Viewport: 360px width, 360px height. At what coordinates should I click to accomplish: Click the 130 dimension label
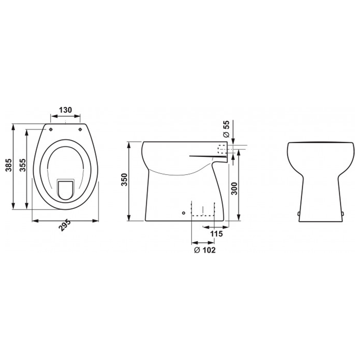tap(66, 110)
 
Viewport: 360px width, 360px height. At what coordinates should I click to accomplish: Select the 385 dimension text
tap(9, 165)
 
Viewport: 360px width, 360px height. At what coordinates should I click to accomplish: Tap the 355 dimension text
tap(22, 165)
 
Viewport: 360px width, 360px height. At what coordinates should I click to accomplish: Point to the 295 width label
tap(64, 225)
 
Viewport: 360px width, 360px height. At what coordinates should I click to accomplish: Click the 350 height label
tap(124, 180)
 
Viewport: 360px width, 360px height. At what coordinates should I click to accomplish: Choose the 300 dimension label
tap(234, 189)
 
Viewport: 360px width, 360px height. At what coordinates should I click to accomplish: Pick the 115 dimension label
tap(216, 234)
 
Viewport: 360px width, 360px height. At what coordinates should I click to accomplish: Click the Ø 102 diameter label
tap(205, 250)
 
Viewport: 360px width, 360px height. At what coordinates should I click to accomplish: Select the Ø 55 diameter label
tap(226, 129)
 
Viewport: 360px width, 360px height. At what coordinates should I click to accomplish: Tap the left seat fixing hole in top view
tap(51, 130)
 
